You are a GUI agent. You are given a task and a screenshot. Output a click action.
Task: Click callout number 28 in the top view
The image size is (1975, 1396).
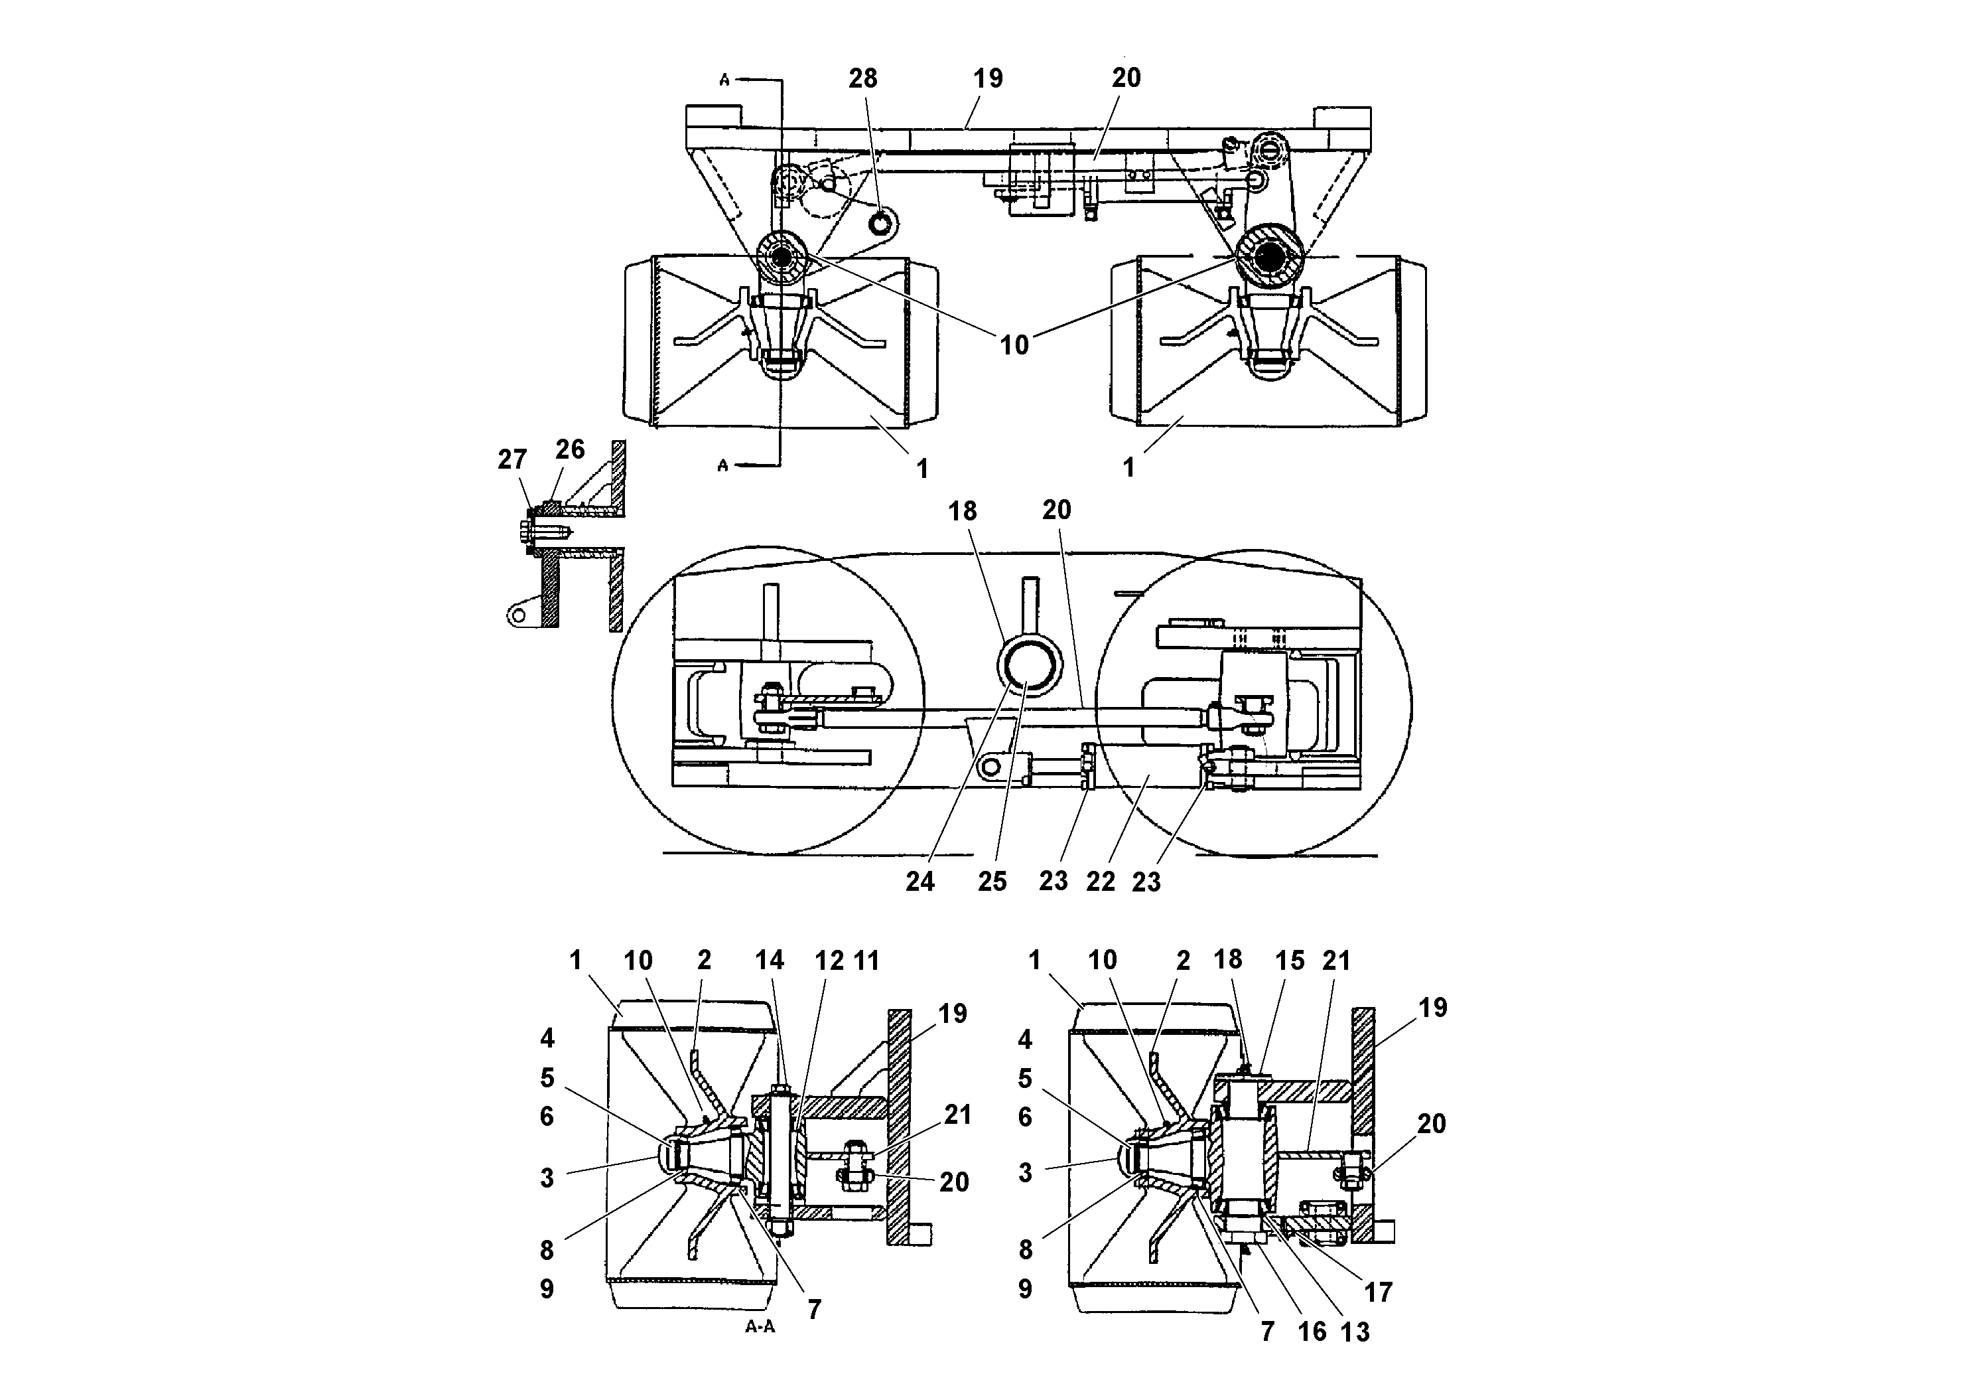[862, 78]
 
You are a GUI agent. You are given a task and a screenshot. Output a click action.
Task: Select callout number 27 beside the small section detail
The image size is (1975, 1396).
[511, 459]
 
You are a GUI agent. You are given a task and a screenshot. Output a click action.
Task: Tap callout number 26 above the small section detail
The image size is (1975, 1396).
[569, 449]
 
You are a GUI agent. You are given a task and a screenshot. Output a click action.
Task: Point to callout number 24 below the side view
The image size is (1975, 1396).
[919, 882]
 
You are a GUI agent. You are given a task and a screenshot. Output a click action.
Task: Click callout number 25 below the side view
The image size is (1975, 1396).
[992, 882]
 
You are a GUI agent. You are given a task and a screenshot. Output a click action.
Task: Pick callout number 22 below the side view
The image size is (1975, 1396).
[1100, 882]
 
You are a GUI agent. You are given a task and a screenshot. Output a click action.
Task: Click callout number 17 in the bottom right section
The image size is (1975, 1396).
[1378, 1292]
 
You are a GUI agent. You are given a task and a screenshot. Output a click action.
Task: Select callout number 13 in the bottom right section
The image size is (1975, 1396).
[1355, 1332]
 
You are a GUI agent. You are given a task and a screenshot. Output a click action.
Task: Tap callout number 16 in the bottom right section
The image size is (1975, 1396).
[1312, 1332]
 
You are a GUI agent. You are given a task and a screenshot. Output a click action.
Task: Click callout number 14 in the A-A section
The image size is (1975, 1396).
[770, 960]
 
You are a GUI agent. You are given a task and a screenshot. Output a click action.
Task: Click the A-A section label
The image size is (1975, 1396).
[760, 1326]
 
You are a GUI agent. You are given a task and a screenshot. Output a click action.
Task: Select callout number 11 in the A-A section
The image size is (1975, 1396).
[867, 960]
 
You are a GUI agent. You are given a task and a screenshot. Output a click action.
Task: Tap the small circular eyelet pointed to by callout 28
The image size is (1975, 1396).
[882, 224]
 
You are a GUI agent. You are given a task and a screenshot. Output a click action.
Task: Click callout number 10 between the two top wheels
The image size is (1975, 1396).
[1014, 345]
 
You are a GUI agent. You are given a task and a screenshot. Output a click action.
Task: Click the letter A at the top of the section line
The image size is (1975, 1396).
[724, 80]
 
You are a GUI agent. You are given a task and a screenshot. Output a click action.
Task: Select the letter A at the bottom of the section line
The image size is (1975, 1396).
[722, 465]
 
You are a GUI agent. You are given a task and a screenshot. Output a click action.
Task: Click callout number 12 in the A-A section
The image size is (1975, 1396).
[829, 960]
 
